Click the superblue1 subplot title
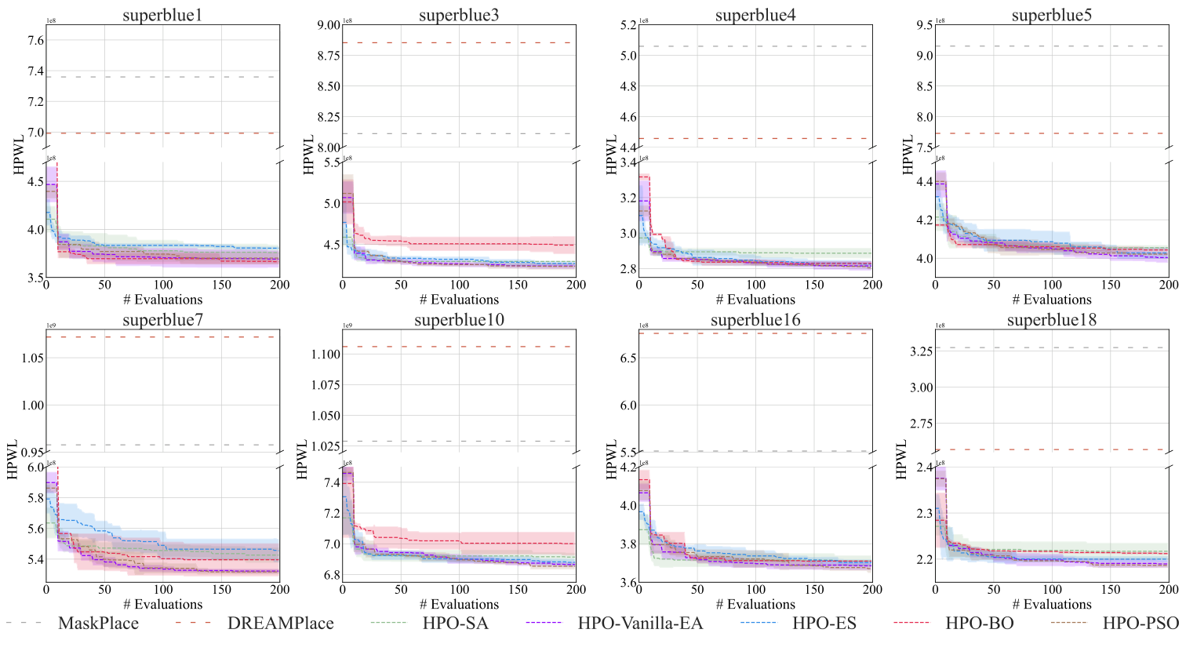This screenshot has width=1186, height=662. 162,15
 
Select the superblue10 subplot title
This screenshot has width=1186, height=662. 459,320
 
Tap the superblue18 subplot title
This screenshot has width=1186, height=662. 1052,320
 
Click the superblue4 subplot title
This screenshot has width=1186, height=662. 755,15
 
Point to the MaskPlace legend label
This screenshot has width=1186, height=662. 98,624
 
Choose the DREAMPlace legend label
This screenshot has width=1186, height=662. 280,624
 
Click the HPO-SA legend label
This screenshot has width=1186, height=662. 455,624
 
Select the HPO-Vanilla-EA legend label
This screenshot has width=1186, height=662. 640,624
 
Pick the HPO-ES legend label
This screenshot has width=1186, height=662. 824,624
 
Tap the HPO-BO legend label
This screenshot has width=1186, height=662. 979,624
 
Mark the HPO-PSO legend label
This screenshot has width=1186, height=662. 1141,624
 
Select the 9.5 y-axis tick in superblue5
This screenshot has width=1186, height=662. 924,26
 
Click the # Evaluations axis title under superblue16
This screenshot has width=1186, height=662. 755,605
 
